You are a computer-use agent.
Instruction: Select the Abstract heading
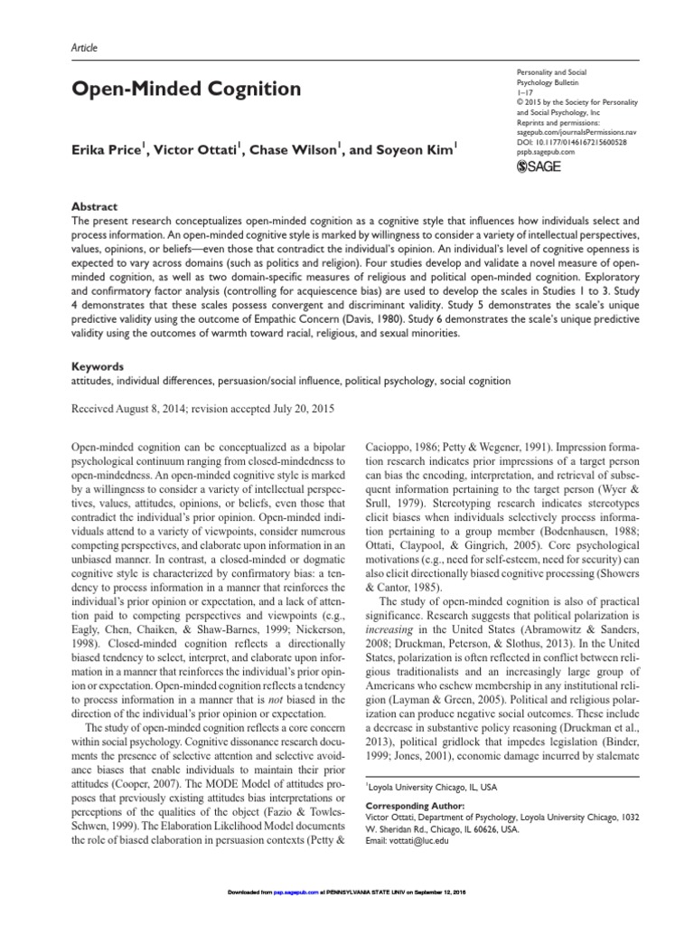tap(94, 206)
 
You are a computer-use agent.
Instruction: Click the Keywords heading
tap(97, 368)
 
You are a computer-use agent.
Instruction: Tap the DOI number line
tap(569, 142)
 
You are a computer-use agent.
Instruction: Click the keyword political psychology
tap(383, 382)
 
